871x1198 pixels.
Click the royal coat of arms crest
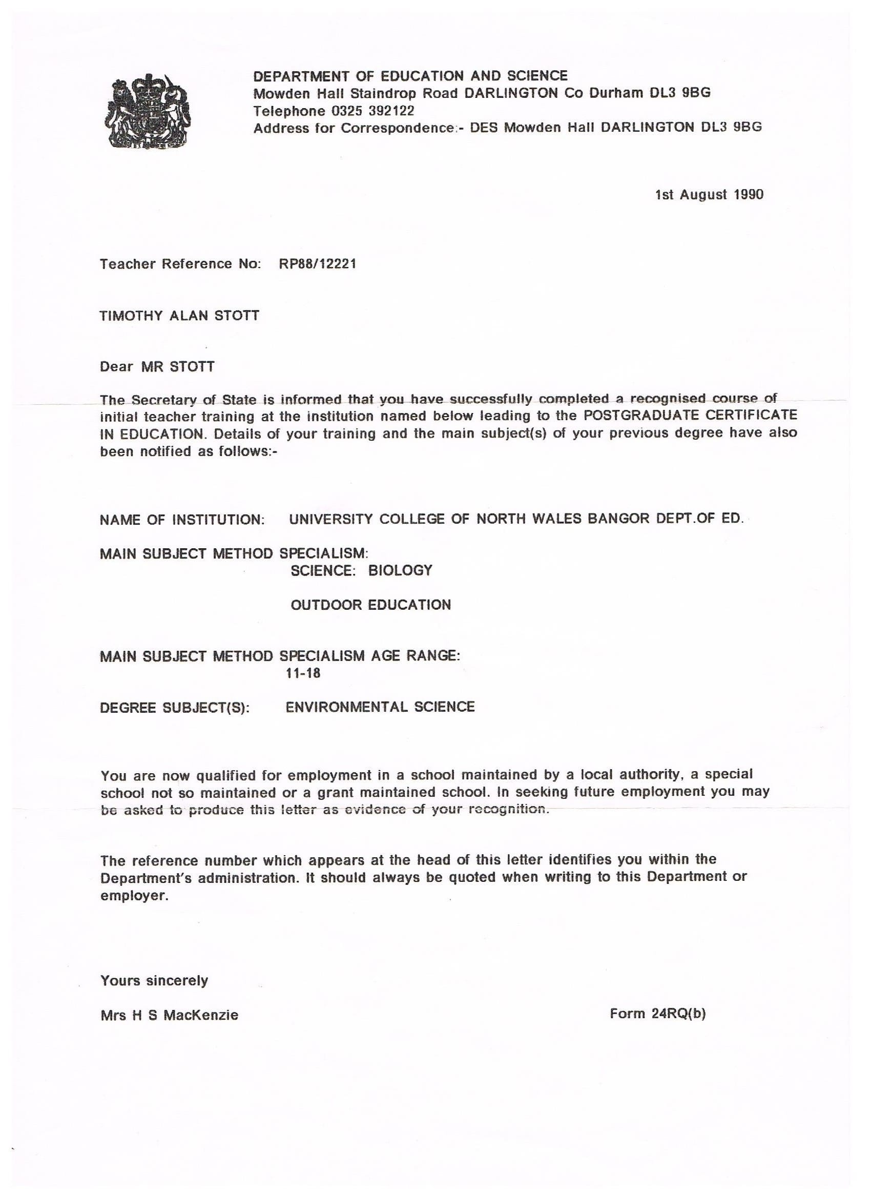[149, 111]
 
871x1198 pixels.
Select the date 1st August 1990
[709, 195]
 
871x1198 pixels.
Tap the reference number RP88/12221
[318, 263]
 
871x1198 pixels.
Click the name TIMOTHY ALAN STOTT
[180, 315]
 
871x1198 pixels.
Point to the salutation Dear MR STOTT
[157, 366]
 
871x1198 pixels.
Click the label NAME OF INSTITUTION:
[182, 520]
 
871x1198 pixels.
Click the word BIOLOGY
[400, 570]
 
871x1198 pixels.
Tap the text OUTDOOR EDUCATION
[371, 605]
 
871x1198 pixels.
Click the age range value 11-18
[303, 673]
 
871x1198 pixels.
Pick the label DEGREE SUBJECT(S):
[175, 708]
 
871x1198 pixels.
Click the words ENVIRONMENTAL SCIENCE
[380, 707]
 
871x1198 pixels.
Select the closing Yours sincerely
[154, 981]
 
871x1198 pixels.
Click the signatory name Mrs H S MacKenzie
[170, 1015]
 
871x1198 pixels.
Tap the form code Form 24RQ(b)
[658, 1014]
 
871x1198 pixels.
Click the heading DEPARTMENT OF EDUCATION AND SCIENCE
[410, 76]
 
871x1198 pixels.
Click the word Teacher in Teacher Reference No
[129, 263]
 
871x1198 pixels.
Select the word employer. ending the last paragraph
[134, 896]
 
